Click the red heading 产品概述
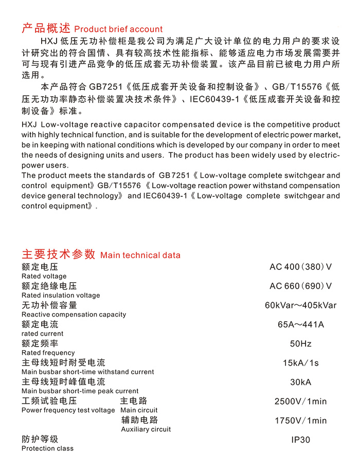point(46,28)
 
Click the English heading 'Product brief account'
point(118,29)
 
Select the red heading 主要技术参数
point(59,254)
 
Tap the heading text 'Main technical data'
point(140,255)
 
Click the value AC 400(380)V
point(300,267)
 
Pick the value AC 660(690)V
point(300,286)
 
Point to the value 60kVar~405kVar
point(300,305)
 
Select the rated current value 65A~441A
point(300,324)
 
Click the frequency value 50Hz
point(300,343)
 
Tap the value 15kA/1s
point(300,363)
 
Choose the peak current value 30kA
point(300,382)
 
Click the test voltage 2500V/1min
point(300,402)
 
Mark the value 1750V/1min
point(300,421)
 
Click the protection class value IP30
point(300,440)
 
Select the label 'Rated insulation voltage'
point(61,295)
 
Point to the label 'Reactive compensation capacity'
point(74,314)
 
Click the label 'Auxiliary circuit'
point(146,429)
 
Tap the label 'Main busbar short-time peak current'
point(80,391)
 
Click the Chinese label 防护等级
point(40,439)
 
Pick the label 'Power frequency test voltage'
point(68,410)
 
